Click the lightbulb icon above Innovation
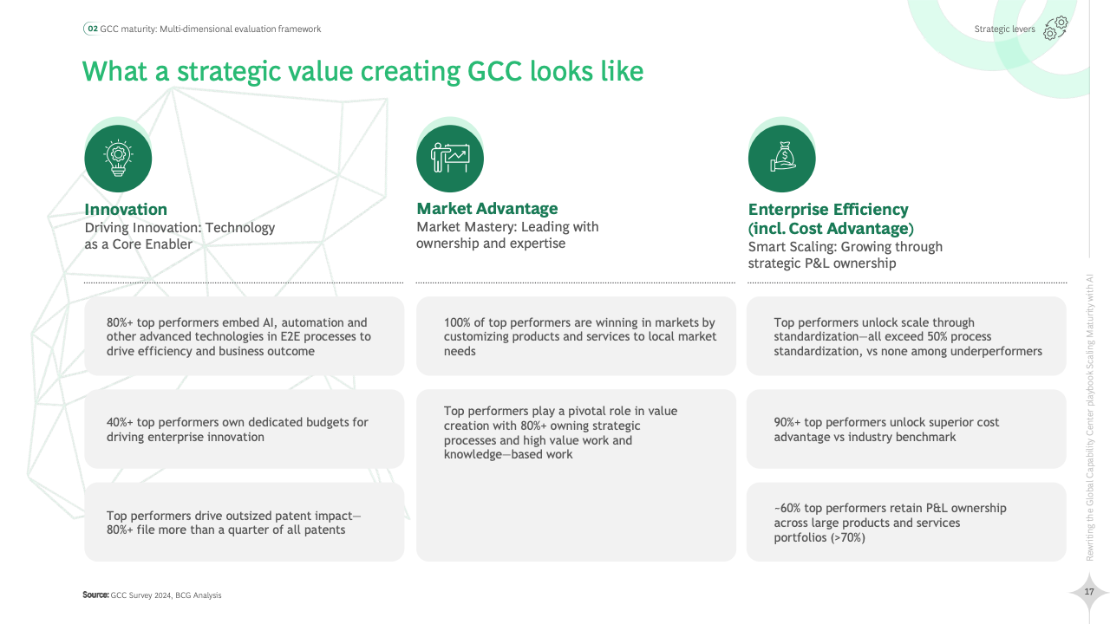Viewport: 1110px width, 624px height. click(x=118, y=159)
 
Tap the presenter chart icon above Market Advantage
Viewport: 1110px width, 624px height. click(x=450, y=158)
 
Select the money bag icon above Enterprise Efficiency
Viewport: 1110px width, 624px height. click(x=782, y=157)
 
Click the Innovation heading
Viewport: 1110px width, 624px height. click(x=126, y=210)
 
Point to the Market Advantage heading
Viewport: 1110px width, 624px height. click(x=487, y=209)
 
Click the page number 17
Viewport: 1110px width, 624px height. click(x=1088, y=592)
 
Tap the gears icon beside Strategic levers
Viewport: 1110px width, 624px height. click(x=1055, y=28)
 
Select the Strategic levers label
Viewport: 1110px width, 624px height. click(x=1004, y=29)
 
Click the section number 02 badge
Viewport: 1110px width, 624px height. click(x=93, y=29)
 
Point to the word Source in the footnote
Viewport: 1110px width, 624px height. click(x=95, y=595)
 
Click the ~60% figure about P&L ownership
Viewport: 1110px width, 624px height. click(x=787, y=508)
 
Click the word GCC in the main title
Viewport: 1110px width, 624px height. click(x=494, y=71)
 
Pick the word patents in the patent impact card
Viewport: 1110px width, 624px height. click(x=325, y=530)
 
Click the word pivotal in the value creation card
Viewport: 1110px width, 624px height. click(x=586, y=411)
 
